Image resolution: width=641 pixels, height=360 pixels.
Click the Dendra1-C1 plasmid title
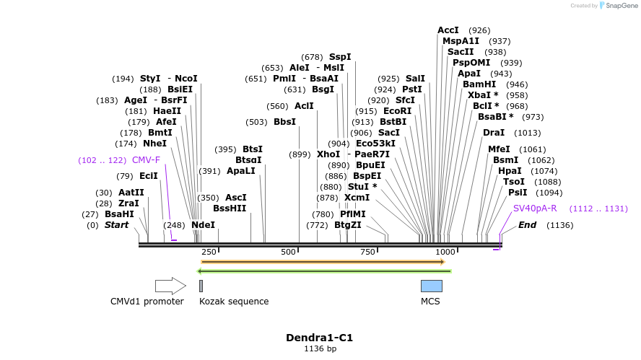tap(319, 337)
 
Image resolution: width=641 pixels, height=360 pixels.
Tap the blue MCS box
tap(431, 286)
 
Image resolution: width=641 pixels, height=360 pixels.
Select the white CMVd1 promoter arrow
tap(170, 286)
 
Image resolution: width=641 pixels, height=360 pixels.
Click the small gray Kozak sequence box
tap(201, 286)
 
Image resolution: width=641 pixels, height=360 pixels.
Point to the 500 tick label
tap(289, 252)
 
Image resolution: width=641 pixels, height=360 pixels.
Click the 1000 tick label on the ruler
tap(445, 252)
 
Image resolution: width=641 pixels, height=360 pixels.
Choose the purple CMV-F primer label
tap(146, 160)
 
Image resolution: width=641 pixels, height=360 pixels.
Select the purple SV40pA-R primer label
tap(535, 208)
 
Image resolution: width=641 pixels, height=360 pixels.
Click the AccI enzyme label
tap(448, 30)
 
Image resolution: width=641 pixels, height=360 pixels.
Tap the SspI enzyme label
tap(340, 57)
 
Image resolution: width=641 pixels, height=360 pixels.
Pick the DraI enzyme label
tap(494, 133)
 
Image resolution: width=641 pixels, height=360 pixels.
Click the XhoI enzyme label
tap(328, 154)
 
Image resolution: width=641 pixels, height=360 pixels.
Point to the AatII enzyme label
tap(131, 193)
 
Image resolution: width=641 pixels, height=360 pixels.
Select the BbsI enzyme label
tap(284, 122)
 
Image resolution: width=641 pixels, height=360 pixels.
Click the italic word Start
tap(116, 225)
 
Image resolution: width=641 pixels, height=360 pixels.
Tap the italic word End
tap(527, 225)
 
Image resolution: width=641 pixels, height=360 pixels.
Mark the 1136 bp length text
tap(319, 349)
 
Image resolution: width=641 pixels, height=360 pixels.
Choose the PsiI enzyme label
tap(518, 193)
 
